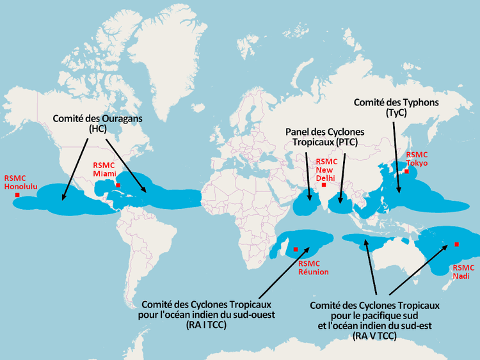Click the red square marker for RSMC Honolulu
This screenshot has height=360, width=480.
click(18, 194)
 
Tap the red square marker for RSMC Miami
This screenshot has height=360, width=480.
click(118, 185)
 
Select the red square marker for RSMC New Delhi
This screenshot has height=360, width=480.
click(324, 185)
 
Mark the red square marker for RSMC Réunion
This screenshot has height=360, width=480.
click(296, 249)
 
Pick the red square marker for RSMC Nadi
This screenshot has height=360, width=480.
click(456, 244)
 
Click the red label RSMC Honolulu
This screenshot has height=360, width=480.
click(21, 182)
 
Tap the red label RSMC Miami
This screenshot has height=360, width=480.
click(106, 169)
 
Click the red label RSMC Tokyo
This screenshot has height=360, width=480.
click(416, 159)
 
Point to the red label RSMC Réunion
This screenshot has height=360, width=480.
click(314, 268)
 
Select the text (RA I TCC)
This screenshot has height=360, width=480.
click(209, 325)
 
